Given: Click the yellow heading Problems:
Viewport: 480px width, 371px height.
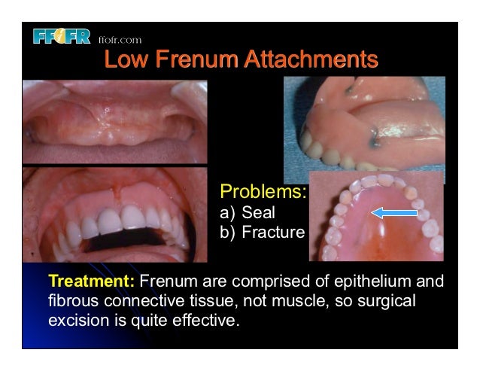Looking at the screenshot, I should pyautogui.click(x=262, y=191).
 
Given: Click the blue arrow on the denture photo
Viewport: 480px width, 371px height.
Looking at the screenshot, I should pyautogui.click(x=394, y=214).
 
